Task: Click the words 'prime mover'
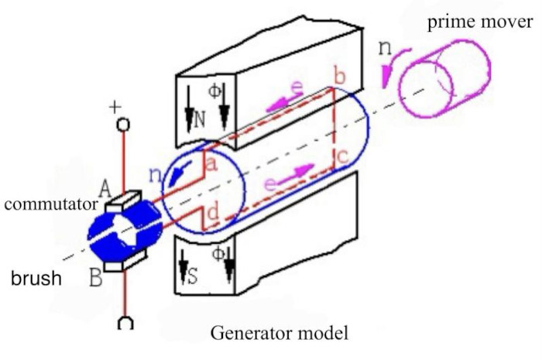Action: pos(479,21)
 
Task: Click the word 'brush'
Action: pos(37,278)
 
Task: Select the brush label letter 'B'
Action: pos(97,276)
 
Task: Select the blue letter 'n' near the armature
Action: pos(153,176)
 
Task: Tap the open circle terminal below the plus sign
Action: pos(122,125)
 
